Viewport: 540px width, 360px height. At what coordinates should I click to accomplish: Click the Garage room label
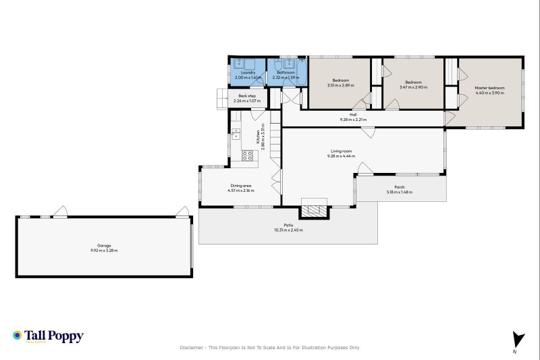104,245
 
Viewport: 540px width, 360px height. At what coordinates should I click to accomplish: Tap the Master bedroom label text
489,88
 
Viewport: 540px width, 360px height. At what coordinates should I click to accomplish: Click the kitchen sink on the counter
236,134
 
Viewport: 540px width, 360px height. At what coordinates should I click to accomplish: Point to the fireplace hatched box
314,211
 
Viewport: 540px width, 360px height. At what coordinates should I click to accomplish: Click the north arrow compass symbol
518,340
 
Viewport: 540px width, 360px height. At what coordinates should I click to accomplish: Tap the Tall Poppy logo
48,336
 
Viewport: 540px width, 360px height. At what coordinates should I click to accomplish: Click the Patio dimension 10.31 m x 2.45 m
288,230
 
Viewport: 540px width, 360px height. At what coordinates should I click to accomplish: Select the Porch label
399,187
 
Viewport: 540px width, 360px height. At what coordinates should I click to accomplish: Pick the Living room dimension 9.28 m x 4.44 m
342,156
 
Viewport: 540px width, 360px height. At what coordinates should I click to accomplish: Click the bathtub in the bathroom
300,72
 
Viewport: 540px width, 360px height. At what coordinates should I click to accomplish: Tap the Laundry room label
247,72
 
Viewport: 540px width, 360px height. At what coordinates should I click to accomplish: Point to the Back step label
247,96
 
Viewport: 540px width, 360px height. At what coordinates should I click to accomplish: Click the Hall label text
352,114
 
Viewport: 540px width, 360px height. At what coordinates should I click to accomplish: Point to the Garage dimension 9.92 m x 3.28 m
104,251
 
